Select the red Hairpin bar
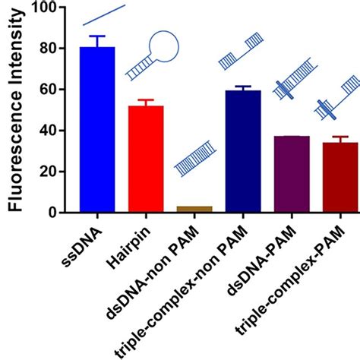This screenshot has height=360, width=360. pos(146,159)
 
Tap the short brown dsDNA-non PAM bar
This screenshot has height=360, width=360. pos(194,209)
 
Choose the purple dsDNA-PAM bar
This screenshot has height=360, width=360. pos(291,174)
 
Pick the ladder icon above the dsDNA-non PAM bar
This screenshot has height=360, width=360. pos(194,156)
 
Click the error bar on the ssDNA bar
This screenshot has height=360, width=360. pos(98,41)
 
